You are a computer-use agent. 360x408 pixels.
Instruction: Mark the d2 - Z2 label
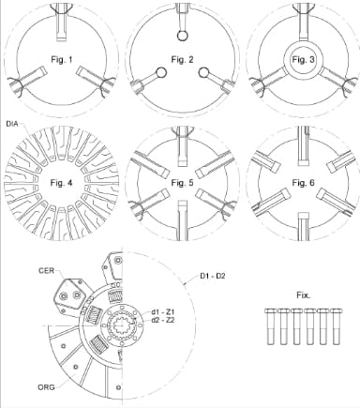tap(162, 321)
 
